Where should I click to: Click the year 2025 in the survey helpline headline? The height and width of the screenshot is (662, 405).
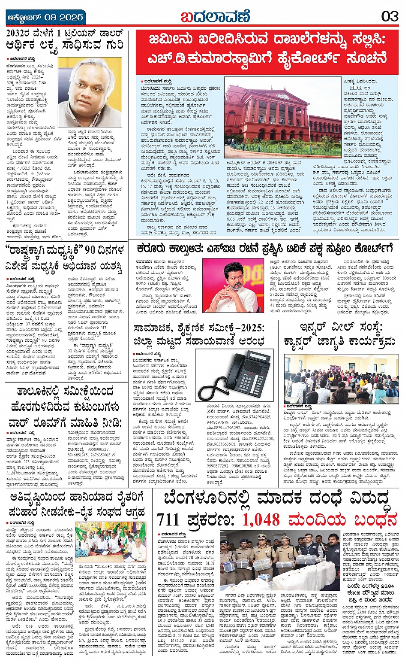[250, 328]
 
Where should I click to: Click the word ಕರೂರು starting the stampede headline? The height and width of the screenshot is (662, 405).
[152, 249]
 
